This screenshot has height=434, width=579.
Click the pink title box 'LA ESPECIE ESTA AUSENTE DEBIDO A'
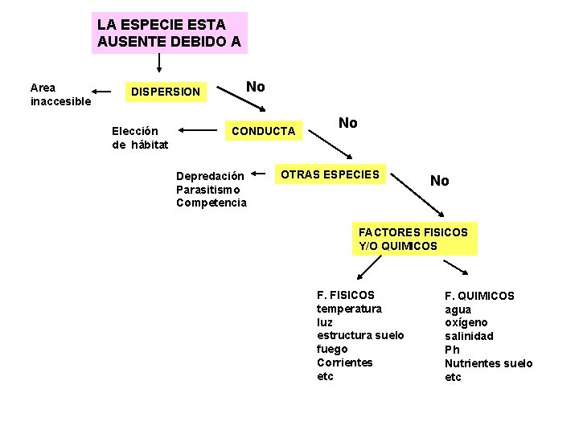(170, 33)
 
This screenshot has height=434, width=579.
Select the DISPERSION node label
(166, 92)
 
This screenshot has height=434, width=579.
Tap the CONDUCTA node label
(264, 130)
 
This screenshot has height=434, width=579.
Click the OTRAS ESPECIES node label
(329, 174)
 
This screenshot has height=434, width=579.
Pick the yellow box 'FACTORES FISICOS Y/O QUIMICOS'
(413, 239)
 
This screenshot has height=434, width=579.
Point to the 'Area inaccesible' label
(60, 95)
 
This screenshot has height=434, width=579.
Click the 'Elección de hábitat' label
(140, 137)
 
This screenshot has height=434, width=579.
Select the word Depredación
(210, 176)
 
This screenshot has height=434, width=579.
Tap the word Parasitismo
(208, 189)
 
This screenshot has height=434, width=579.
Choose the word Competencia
(211, 203)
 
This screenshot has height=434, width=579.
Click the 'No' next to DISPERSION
(256, 87)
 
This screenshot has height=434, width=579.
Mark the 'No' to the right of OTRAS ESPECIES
(440, 181)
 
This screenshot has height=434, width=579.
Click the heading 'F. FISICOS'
(346, 295)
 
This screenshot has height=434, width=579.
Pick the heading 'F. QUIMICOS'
(480, 296)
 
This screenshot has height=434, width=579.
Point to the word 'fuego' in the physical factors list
(332, 349)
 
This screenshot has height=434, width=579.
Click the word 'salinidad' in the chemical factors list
(470, 336)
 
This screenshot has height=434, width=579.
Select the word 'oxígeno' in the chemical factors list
(466, 322)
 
